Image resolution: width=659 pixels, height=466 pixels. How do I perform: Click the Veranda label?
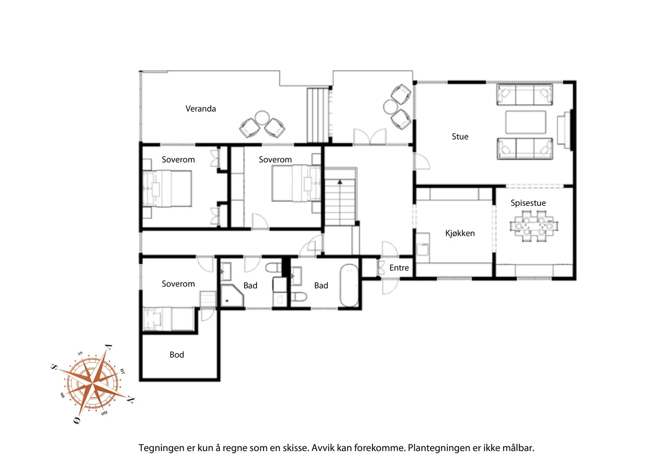point(201,109)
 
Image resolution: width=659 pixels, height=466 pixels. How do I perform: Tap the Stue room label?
point(460,136)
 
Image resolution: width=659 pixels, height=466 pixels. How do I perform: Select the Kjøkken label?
point(460,233)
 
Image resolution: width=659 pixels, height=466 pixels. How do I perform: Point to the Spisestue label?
point(528,203)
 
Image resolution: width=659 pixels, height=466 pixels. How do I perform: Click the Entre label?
point(399,268)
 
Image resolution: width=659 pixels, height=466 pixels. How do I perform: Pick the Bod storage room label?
point(177,354)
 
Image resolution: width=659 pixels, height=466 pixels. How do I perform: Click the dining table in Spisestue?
point(534,226)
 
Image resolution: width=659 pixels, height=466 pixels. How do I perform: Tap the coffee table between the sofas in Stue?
point(526,122)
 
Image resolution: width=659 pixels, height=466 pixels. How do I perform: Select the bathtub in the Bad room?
point(349,285)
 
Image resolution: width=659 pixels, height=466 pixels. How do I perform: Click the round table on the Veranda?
point(262,118)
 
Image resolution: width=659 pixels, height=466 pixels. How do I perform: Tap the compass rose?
point(93,384)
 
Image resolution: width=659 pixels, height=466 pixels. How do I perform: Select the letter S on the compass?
point(54,367)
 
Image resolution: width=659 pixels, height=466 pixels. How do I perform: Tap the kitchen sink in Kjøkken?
point(423,249)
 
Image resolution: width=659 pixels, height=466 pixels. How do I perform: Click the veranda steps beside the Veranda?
point(318,115)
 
